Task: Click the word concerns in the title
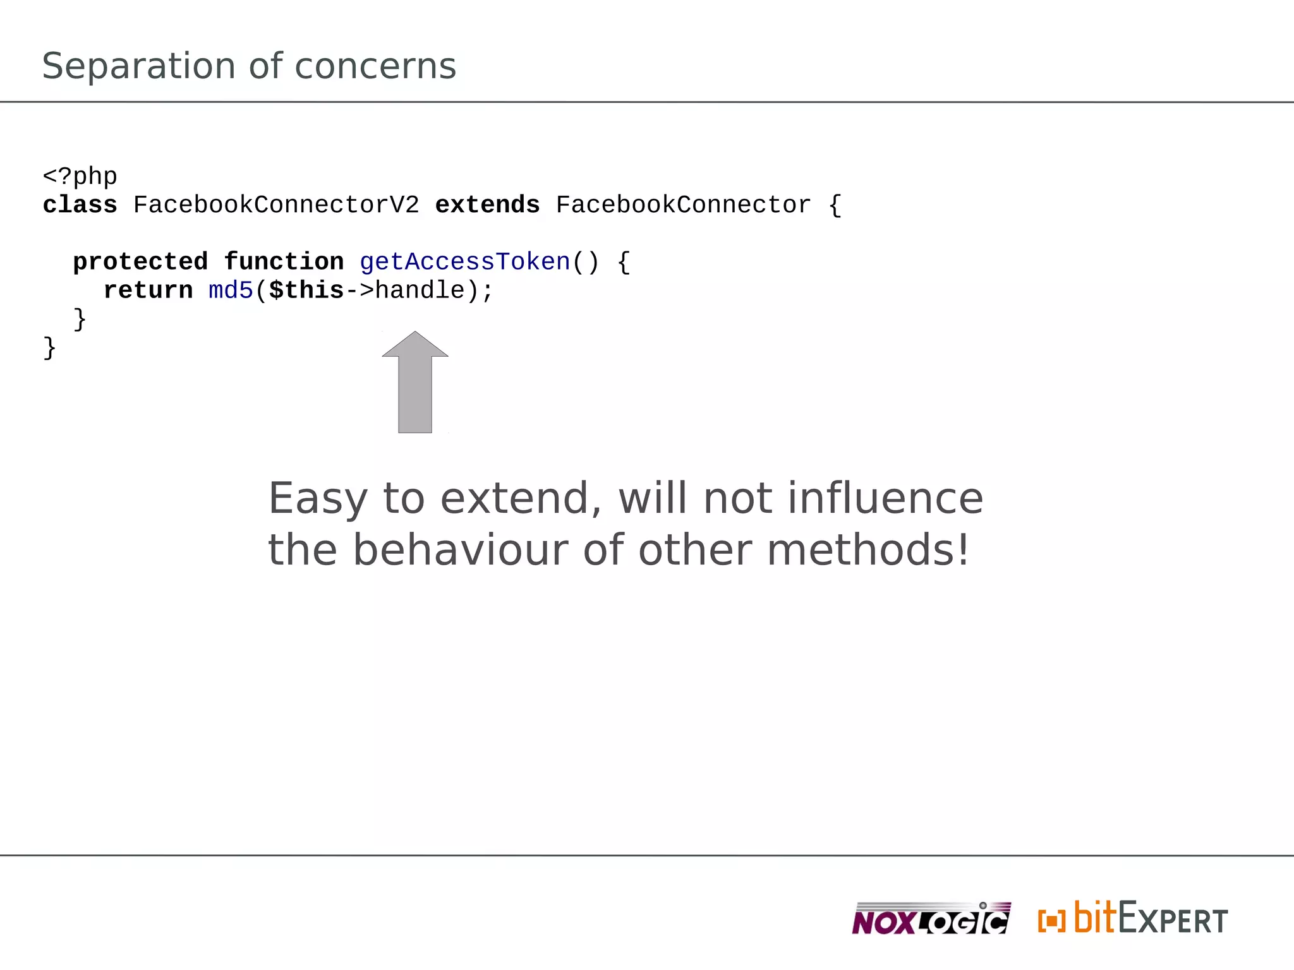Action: [375, 66]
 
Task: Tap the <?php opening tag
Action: [80, 177]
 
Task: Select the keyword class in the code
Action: [80, 205]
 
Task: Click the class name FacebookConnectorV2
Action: [276, 205]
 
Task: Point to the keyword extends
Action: [487, 205]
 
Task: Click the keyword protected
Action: [140, 262]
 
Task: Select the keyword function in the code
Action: [284, 262]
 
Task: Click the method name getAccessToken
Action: [465, 262]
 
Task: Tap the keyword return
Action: [148, 290]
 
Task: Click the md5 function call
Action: [231, 290]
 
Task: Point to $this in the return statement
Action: [306, 290]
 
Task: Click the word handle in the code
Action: [420, 290]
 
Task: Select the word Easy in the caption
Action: [318, 499]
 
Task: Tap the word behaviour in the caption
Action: [461, 550]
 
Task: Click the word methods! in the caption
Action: [868, 550]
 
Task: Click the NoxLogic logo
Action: [931, 919]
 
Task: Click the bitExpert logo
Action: [1133, 919]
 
